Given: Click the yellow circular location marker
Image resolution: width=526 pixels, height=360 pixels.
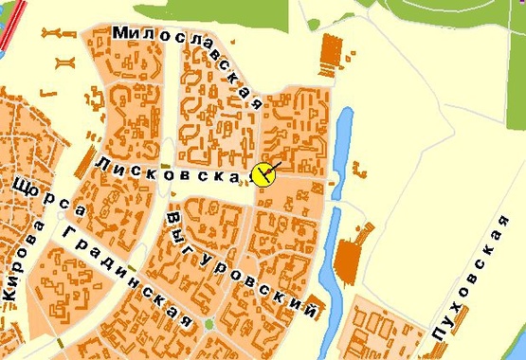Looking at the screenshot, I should tap(263, 174).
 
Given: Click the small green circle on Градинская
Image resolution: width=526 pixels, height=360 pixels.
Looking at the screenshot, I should tap(209, 325).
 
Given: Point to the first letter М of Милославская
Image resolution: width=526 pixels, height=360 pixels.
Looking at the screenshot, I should tap(120, 32).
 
